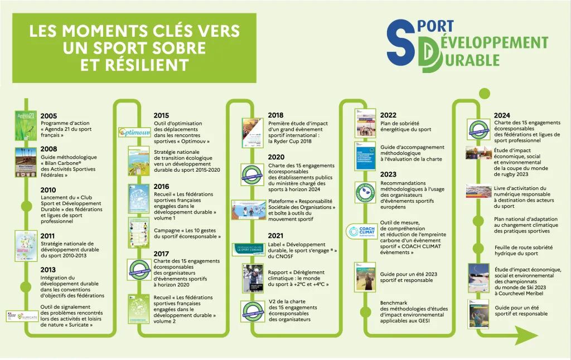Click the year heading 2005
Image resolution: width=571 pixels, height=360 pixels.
click(49, 115)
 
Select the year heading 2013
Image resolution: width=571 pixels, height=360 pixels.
click(49, 270)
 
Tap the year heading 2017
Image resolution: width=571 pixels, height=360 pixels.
click(161, 254)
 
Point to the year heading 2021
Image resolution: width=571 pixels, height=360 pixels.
click(275, 236)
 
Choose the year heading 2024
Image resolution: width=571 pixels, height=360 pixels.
click(502, 115)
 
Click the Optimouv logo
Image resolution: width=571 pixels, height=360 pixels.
click(134, 133)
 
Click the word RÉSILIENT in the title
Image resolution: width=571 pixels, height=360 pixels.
click(134, 66)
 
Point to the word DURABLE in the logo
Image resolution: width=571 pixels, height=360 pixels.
click(468, 59)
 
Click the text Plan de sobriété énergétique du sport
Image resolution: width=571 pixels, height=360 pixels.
click(406, 127)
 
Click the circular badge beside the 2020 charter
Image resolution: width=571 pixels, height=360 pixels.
click(252, 174)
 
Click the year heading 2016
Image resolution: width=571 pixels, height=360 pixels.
click(161, 187)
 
